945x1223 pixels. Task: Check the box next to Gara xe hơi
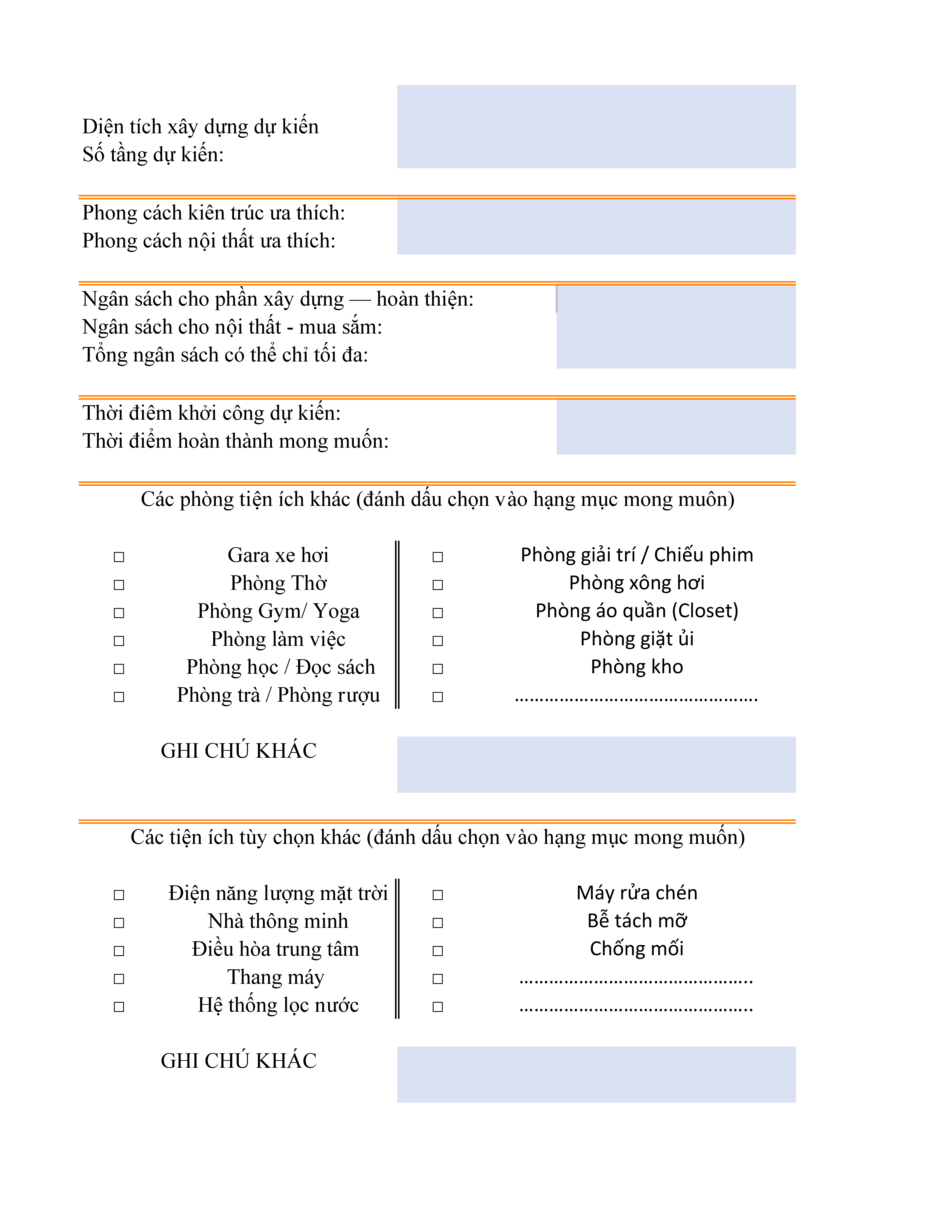click(x=119, y=557)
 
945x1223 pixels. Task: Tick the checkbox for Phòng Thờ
click(x=119, y=585)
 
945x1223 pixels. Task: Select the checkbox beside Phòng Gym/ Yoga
click(x=119, y=613)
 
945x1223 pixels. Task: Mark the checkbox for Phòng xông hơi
click(x=438, y=585)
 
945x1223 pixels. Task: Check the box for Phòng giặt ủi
click(x=438, y=641)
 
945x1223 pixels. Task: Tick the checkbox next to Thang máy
click(x=119, y=979)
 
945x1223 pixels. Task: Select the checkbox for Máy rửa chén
click(x=438, y=895)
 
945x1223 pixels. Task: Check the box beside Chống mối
click(x=438, y=951)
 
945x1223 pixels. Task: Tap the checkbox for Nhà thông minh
click(x=119, y=923)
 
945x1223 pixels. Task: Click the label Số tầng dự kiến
click(x=153, y=155)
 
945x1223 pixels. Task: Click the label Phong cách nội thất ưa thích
click(x=209, y=241)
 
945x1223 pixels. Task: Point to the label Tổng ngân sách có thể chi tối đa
click(x=225, y=355)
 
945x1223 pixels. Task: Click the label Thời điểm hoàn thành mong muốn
click(x=235, y=441)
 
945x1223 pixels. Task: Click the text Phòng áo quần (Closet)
click(x=636, y=610)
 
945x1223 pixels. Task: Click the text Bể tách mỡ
click(x=636, y=921)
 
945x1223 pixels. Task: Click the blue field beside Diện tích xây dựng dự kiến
click(x=596, y=127)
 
